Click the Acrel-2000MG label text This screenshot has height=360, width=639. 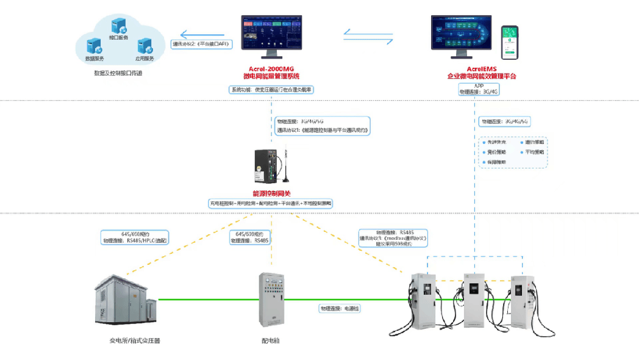(271, 69)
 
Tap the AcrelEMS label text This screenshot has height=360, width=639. (482, 69)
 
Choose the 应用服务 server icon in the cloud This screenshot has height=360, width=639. (145, 47)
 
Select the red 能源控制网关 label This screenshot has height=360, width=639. (271, 193)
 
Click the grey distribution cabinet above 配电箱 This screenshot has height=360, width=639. (271, 300)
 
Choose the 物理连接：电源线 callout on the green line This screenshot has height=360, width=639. (340, 309)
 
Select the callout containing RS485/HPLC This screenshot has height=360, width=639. (135, 237)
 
